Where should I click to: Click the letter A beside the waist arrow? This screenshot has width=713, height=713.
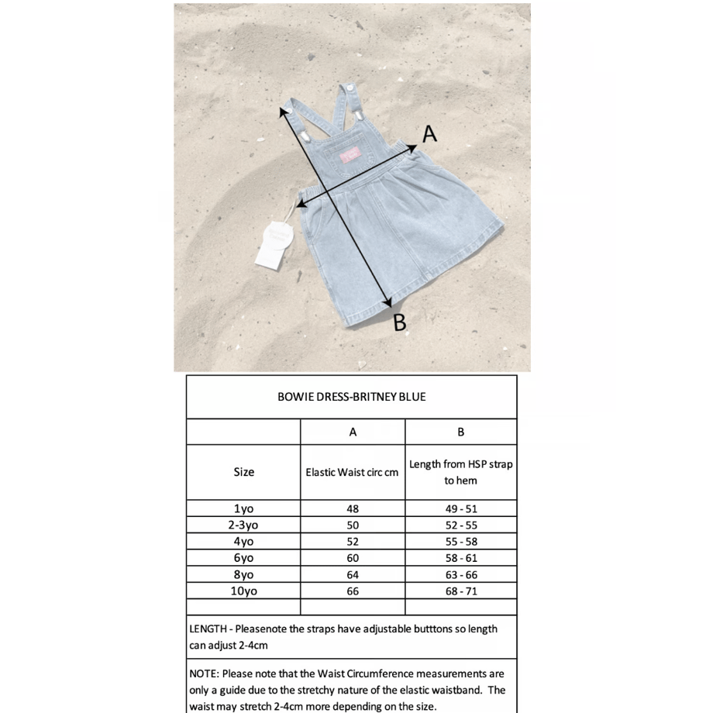[429, 134]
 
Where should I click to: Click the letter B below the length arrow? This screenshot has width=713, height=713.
[400, 322]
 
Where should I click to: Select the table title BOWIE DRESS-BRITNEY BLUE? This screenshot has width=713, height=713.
[351, 397]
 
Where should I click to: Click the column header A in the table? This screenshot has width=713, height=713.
[353, 432]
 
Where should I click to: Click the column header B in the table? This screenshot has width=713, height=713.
[460, 432]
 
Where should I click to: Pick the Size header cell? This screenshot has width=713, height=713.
[243, 471]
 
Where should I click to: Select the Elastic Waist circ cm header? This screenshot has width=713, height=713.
[353, 471]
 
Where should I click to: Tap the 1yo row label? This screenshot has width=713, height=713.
[243, 509]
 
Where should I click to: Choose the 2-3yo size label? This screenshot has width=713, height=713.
[243, 525]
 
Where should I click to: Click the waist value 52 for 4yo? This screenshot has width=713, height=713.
[353, 542]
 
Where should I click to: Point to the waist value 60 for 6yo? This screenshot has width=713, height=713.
[353, 558]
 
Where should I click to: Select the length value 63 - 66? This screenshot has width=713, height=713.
[460, 574]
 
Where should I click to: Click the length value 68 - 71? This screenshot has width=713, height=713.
[460, 591]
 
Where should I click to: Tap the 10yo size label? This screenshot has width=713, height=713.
[243, 591]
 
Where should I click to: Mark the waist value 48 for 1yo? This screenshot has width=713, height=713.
[353, 509]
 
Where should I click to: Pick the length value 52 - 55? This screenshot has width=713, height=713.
[460, 525]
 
